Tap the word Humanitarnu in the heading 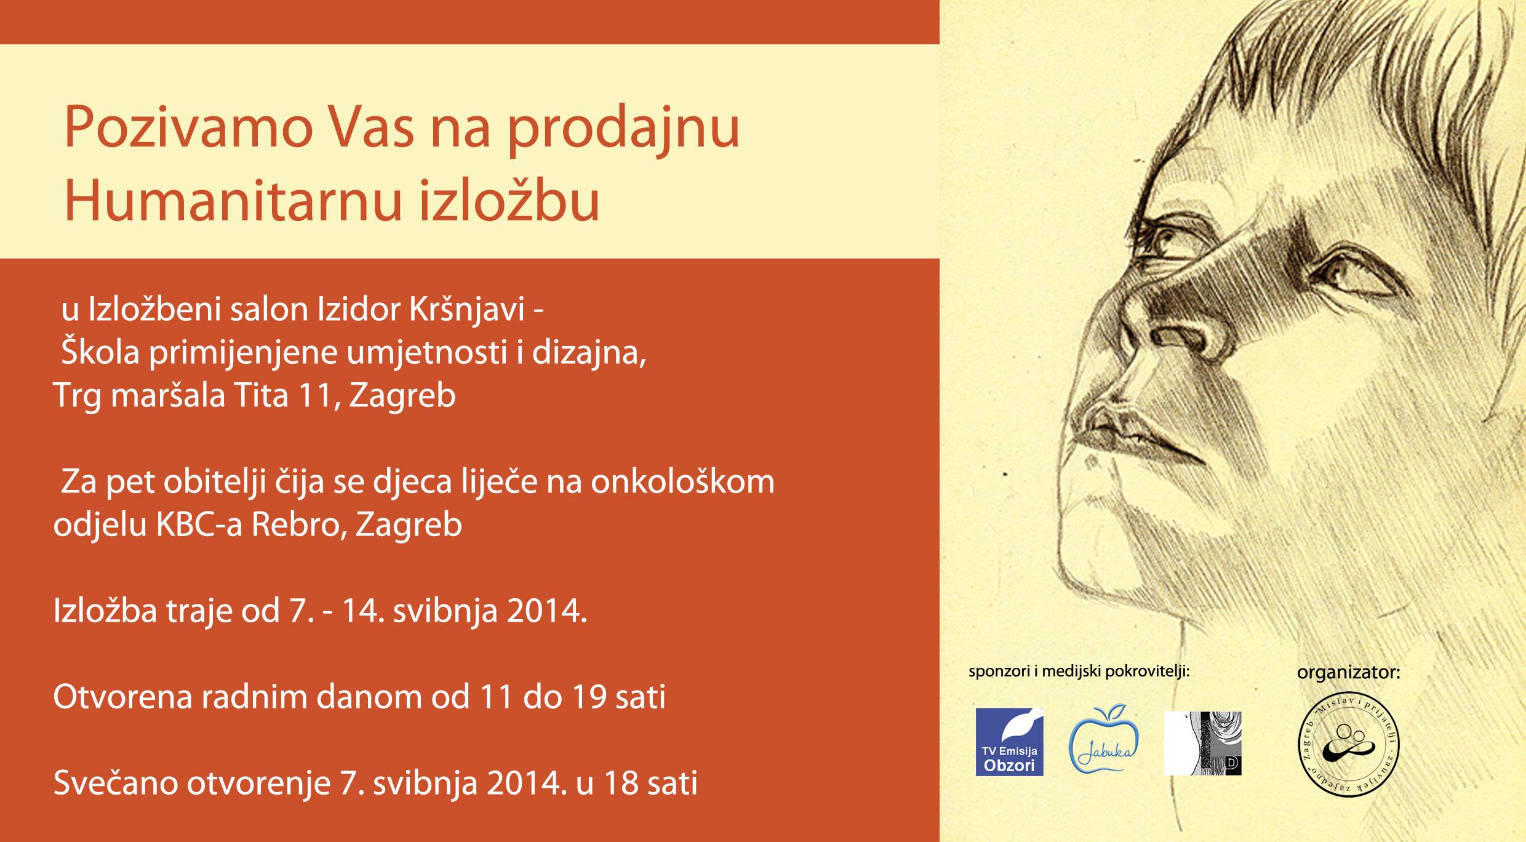pos(233,201)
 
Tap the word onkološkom pos(682,481)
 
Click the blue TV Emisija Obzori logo pos(1009,742)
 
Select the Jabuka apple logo pos(1104,739)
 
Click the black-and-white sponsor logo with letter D pos(1202,743)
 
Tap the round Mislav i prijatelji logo pos(1348,747)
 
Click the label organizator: pos(1348,673)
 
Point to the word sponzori pos(999,672)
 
